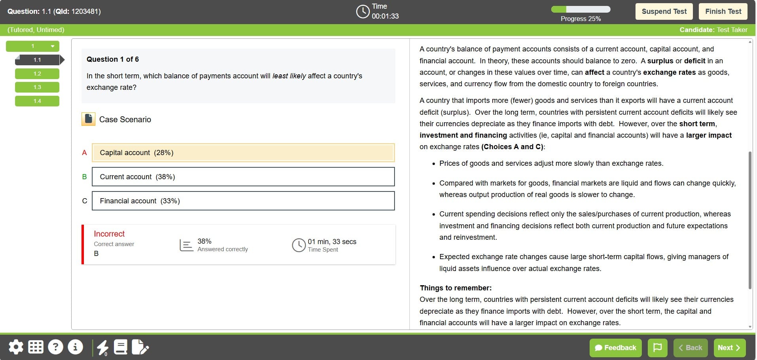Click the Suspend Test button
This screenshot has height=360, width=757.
664,11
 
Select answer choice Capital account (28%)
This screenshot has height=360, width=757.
243,153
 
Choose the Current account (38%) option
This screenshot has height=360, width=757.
243,177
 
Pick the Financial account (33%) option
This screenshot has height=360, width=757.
243,201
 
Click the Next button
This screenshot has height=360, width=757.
729,348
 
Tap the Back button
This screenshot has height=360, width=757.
690,348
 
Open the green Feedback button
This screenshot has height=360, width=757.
615,348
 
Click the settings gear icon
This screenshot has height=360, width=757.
16,347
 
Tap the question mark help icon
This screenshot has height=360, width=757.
55,347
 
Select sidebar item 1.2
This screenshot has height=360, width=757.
37,74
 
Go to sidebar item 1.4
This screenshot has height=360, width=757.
37,101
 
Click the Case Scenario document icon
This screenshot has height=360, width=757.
88,119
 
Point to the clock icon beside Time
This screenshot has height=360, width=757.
362,11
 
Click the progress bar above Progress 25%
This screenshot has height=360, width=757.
581,9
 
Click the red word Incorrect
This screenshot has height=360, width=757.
109,234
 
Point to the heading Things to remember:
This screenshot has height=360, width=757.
455,288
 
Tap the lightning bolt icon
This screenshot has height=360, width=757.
102,347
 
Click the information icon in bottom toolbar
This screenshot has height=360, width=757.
75,347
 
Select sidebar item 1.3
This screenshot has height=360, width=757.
37,87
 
